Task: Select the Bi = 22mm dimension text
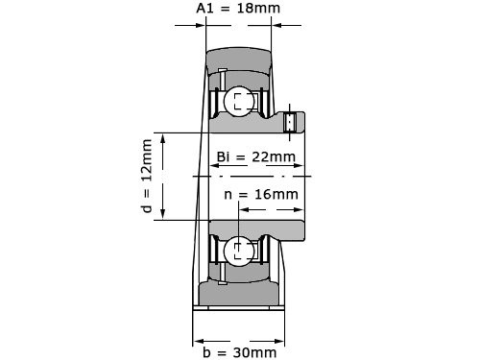pos(255,156)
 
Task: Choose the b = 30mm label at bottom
pos(239,352)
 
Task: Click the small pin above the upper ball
pos(222,76)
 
